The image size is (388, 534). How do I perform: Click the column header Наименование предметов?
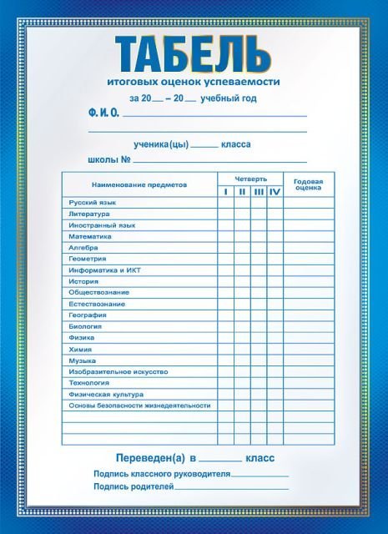pyautogui.click(x=139, y=184)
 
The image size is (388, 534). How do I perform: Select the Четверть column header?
pyautogui.click(x=250, y=179)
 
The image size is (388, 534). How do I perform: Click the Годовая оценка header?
pyautogui.click(x=308, y=184)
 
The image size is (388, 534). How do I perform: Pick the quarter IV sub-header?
pyautogui.click(x=275, y=192)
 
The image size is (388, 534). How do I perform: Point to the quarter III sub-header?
pyautogui.click(x=259, y=192)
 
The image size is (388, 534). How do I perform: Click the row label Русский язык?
pyautogui.click(x=93, y=203)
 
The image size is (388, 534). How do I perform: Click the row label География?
pyautogui.click(x=88, y=315)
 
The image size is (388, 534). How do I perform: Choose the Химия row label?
pyautogui.click(x=80, y=349)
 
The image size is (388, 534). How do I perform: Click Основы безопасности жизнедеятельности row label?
pyautogui.click(x=139, y=406)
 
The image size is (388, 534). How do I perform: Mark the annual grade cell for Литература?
pyautogui.click(x=308, y=214)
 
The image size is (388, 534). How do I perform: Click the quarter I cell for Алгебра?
pyautogui.click(x=225, y=248)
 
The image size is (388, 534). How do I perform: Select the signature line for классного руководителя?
pyautogui.click(x=260, y=476)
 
